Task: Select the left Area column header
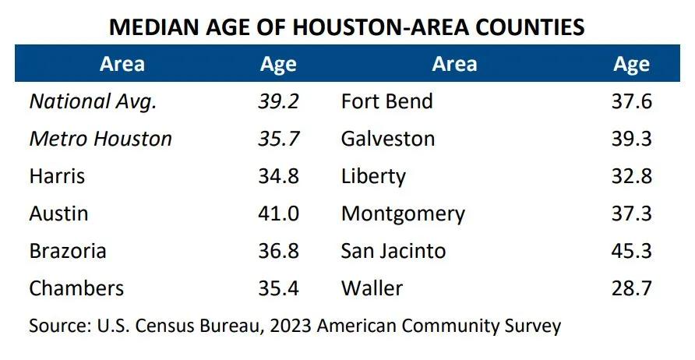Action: pos(122,64)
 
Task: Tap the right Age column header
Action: pos(631,64)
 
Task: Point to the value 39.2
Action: pos(279,101)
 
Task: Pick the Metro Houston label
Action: pos(101,139)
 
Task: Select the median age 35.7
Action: pos(279,139)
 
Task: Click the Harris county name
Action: pos(57,176)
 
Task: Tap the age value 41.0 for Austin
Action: pos(279,214)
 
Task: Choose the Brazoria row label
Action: pos(68,251)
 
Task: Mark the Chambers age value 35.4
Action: pos(279,288)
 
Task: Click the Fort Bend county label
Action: pos(387,101)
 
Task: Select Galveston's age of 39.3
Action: pos(631,139)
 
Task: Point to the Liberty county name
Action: pos(373,176)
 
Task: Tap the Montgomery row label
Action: pos(403,214)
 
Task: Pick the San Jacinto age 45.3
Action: pos(631,251)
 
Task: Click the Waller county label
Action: pos(372,288)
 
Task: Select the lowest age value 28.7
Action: pos(631,288)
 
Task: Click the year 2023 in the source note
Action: pos(293,325)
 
